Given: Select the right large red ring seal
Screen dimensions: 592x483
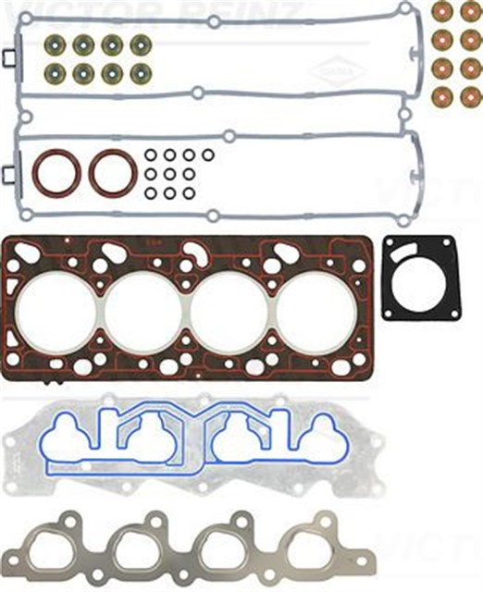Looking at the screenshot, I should tap(112, 172).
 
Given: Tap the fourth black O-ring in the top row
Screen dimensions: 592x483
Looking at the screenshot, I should tap(207, 154).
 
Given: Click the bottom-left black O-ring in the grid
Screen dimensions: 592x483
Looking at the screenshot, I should tap(150, 193).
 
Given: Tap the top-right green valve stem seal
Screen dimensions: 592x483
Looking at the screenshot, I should tap(140, 44).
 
